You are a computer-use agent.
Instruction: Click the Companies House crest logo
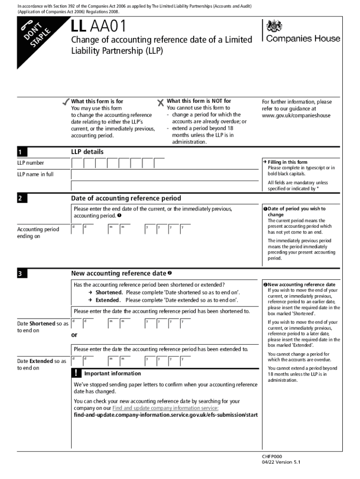pos(273,26)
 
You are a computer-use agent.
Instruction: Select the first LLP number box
pos(77,163)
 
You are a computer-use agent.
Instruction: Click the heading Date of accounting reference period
pos(126,198)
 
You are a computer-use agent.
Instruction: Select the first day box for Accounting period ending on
pos(77,229)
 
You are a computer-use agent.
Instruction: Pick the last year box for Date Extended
pos(186,361)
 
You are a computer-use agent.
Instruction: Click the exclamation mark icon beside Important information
pos(77,373)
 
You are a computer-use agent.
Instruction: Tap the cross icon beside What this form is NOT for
pos(161,102)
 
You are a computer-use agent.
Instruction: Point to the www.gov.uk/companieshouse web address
pos(296,116)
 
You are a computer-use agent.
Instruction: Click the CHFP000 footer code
pos(272,456)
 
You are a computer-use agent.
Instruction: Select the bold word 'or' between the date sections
pos(74,335)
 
